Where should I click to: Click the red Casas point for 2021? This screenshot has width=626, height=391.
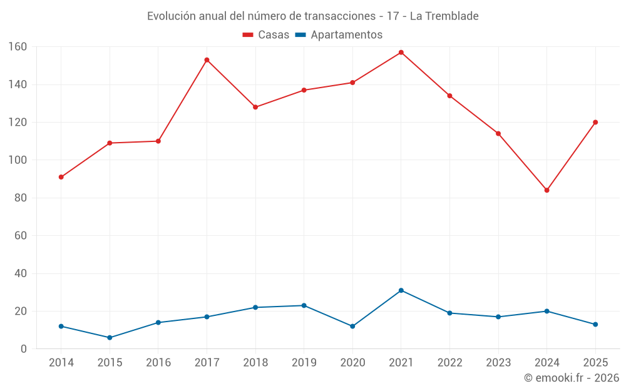[401, 53]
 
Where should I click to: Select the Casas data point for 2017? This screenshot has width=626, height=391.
[207, 60]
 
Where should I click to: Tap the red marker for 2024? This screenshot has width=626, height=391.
[546, 190]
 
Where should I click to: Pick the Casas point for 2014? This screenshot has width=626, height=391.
[61, 177]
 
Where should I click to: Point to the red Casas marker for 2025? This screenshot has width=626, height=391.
[595, 122]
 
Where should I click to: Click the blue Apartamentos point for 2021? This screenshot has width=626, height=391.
[401, 290]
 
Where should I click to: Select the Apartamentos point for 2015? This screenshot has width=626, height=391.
[110, 338]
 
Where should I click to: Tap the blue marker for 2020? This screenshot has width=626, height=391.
[352, 327]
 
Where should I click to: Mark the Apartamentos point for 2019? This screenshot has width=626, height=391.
[304, 305]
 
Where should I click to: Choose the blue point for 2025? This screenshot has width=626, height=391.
[595, 324]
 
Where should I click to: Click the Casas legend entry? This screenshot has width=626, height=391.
[266, 35]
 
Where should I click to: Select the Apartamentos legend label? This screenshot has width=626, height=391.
[346, 35]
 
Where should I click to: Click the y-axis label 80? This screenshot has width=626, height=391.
[21, 198]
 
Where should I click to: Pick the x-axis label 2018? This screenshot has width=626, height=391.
[255, 363]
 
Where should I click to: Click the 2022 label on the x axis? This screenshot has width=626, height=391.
[449, 363]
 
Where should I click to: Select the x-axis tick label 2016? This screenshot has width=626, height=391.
[158, 363]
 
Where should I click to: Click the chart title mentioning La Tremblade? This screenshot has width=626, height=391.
[313, 16]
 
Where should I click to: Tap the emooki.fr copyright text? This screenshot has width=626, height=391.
[572, 378]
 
